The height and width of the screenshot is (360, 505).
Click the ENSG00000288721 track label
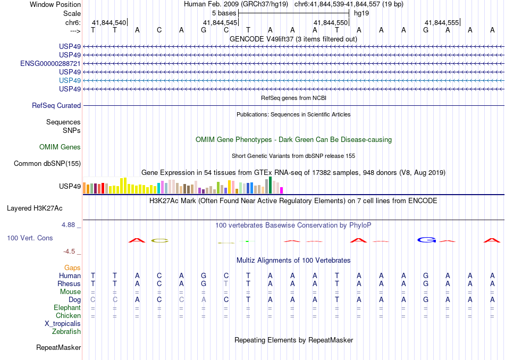50,63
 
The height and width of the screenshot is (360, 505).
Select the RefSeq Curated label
56,105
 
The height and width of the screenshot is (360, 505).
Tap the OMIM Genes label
60,147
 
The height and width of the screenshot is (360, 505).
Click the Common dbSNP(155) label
47,163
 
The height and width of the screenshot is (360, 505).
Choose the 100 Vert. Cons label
30,238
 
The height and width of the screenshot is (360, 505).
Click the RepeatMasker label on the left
58,347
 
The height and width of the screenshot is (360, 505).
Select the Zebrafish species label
67,331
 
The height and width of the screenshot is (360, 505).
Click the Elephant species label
68,307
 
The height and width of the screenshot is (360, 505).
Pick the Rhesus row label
69,283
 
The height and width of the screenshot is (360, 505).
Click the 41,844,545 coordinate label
220,23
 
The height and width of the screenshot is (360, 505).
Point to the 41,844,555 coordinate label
441,23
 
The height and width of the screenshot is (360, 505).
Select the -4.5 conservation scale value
71,251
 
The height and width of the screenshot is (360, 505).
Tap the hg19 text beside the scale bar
361,13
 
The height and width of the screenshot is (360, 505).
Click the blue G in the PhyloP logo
427,240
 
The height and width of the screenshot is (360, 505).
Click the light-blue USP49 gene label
70,80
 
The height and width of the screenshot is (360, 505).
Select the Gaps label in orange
72,267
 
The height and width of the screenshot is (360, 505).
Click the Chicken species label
68,315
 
